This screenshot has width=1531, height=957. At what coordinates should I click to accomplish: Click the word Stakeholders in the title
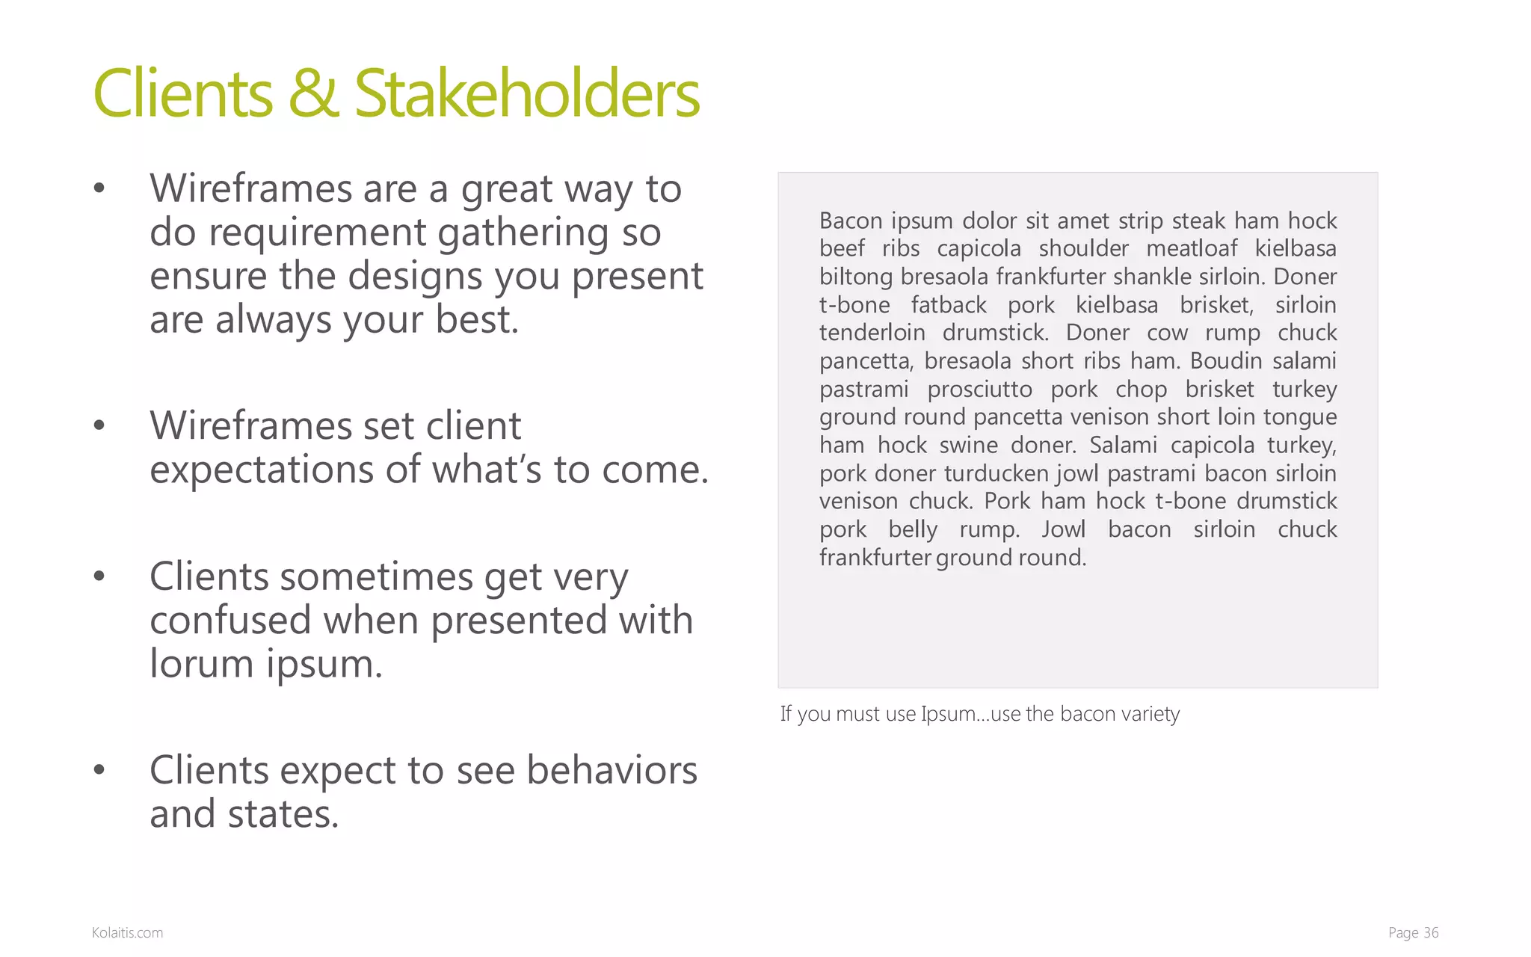(x=526, y=94)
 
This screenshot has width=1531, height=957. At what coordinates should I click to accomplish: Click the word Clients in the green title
(x=183, y=94)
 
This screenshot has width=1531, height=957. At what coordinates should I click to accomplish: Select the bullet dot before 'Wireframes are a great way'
(x=99, y=190)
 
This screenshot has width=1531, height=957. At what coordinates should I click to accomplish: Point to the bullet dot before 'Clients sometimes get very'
(x=99, y=577)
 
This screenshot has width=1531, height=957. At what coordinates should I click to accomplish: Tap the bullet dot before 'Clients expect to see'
(x=99, y=771)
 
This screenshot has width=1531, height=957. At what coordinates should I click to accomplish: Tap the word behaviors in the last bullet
(x=612, y=771)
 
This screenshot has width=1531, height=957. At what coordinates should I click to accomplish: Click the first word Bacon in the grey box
(x=848, y=221)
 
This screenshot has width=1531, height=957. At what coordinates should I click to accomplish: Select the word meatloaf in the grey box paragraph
(x=1192, y=249)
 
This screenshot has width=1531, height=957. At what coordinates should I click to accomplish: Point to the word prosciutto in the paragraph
(x=979, y=390)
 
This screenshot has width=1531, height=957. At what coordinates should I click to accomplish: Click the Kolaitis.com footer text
(x=127, y=932)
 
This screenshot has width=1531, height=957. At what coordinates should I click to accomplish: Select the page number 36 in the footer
(x=1430, y=932)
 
